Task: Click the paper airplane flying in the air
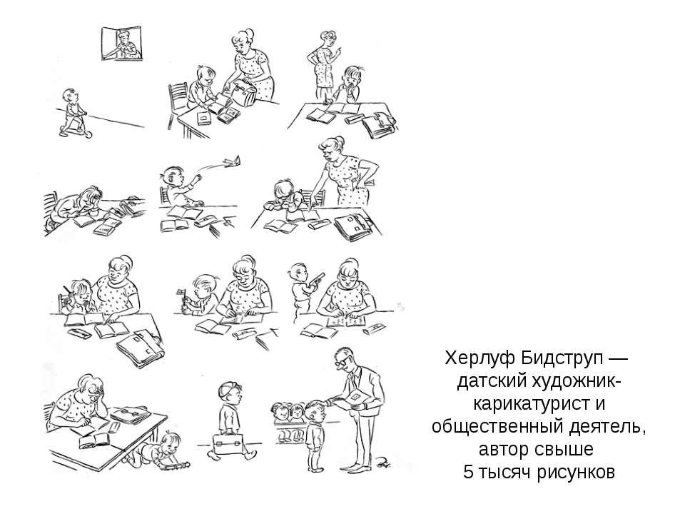click(231, 162)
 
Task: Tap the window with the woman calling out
click(122, 44)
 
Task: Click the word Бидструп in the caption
click(559, 360)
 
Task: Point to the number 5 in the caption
click(468, 472)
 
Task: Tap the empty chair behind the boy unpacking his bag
click(178, 104)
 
